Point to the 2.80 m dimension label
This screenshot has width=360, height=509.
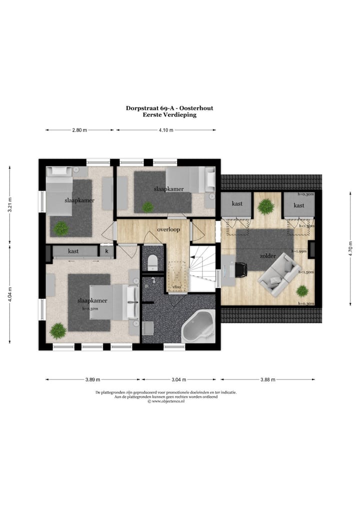(79, 130)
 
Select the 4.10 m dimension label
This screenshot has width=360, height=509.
(166, 130)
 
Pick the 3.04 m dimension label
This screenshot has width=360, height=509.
(180, 379)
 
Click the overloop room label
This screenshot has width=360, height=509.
(168, 229)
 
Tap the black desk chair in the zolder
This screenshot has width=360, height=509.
(241, 269)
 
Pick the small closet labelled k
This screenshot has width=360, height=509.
(106, 251)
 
